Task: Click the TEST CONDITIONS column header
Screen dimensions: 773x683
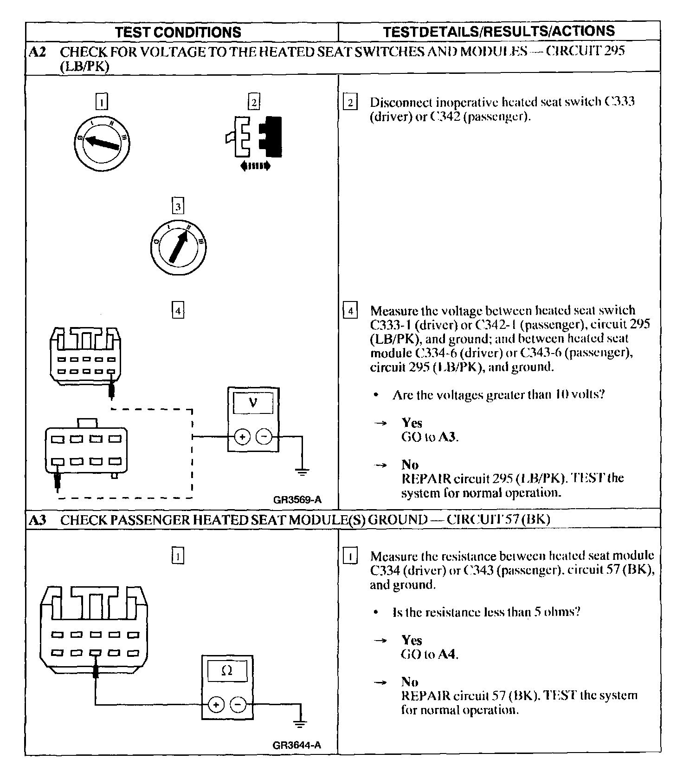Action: click(x=178, y=32)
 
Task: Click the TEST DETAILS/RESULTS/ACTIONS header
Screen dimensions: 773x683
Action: click(x=499, y=31)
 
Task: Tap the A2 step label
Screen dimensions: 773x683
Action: click(x=37, y=52)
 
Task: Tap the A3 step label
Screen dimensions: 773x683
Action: click(x=37, y=520)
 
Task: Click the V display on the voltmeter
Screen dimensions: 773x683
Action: click(x=253, y=403)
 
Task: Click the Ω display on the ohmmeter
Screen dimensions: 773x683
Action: click(x=227, y=671)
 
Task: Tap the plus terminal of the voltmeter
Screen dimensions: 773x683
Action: click(x=242, y=437)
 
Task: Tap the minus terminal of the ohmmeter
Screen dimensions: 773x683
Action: click(x=238, y=705)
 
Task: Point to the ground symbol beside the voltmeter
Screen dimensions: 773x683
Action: click(x=302, y=473)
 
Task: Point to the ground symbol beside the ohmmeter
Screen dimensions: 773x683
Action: click(x=301, y=724)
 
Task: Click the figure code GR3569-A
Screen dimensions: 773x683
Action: click(x=297, y=500)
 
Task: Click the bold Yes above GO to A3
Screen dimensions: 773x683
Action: click(x=412, y=423)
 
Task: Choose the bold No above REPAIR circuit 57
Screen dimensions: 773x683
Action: click(x=410, y=682)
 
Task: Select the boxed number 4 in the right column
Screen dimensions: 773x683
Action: click(x=350, y=310)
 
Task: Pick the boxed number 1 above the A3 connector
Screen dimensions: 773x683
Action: click(x=178, y=556)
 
